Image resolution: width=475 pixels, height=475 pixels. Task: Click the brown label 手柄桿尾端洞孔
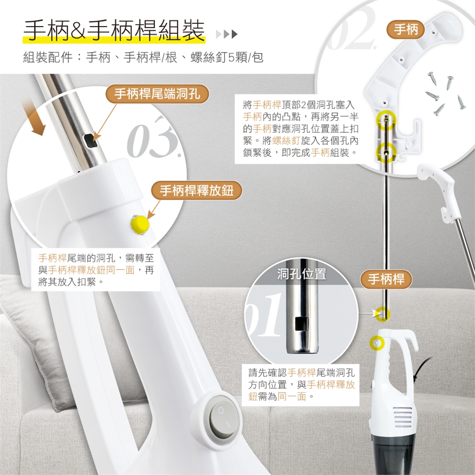click(157, 94)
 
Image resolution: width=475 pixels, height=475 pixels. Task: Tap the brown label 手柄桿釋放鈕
click(196, 191)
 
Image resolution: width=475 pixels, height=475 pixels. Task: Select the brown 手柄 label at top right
click(406, 29)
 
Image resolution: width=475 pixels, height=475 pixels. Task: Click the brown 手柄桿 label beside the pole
click(386, 279)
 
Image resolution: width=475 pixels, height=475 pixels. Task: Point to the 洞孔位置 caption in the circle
click(302, 274)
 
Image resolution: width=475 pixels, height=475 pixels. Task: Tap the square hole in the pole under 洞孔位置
click(301, 324)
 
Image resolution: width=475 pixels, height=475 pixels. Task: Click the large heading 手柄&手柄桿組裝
click(114, 30)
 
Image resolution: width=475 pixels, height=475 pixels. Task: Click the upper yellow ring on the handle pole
click(386, 120)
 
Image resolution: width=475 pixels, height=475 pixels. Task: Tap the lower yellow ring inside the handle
click(386, 152)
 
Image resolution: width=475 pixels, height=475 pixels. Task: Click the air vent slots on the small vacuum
click(403, 417)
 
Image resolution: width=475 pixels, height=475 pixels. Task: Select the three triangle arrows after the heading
click(227, 34)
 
